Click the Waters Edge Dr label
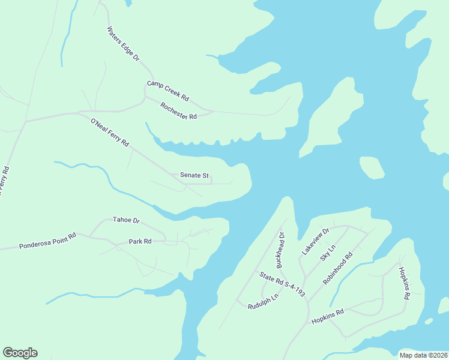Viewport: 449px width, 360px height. [x=123, y=44]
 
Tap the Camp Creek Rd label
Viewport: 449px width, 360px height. [x=168, y=91]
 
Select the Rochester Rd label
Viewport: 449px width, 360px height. [x=179, y=111]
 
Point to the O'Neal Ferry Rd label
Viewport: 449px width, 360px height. [x=110, y=133]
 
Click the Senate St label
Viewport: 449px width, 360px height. [x=194, y=176]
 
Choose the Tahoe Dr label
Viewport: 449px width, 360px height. [x=126, y=220]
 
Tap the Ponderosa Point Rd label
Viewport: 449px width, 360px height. [x=47, y=241]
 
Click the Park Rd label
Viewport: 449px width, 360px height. [x=140, y=241]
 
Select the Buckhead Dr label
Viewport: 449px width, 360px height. [x=279, y=250]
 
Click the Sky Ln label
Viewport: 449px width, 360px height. [x=327, y=253]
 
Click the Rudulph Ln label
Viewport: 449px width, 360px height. [x=264, y=301]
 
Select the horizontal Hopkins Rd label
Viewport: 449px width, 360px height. [x=327, y=317]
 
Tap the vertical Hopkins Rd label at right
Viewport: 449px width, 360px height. [x=403, y=283]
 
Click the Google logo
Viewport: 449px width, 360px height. [x=20, y=353]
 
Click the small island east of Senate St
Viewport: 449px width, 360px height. [x=372, y=167]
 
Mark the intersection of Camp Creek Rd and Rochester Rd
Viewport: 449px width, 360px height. [x=145, y=96]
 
